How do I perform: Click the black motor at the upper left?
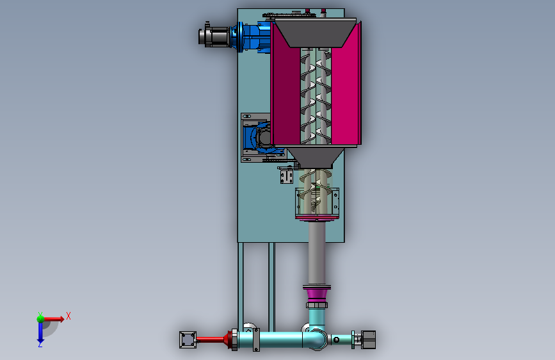[214, 35]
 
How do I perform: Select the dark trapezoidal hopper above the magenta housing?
[316, 33]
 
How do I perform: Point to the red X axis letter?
[68, 316]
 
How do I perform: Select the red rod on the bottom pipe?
[210, 340]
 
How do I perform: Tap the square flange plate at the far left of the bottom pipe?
[188, 340]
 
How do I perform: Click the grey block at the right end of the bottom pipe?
[368, 340]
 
